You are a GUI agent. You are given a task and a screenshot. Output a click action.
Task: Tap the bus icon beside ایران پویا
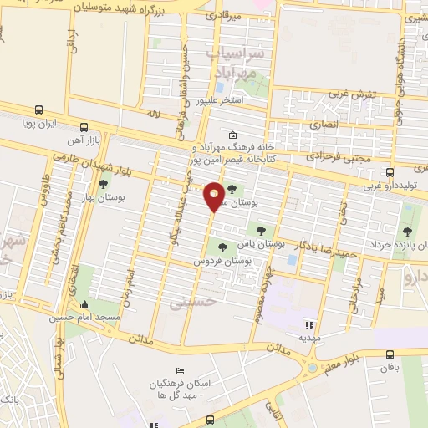tap(39, 110)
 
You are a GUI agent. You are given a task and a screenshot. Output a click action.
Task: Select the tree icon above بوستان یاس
tap(262, 228)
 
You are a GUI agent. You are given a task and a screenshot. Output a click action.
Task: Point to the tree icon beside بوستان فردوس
tap(222, 247)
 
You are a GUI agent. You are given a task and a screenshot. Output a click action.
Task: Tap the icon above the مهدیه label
tap(308, 325)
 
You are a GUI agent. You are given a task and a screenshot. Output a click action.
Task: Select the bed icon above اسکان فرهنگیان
tap(178, 371)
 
